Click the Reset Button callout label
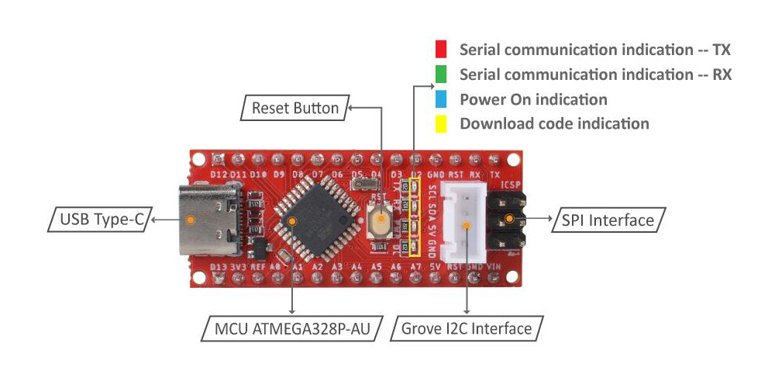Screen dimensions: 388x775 click(295, 108)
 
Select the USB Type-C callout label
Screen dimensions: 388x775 click(102, 220)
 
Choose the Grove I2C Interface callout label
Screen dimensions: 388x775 click(467, 329)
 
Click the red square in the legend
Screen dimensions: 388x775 click(441, 50)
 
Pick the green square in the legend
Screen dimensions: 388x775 click(441, 74)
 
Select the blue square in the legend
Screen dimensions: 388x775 click(441, 99)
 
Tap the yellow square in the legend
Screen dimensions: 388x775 click(441, 123)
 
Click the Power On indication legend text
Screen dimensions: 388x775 click(533, 99)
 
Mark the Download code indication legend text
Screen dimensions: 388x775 click(554, 123)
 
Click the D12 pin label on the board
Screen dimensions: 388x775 click(219, 175)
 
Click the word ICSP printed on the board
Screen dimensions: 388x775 click(511, 187)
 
